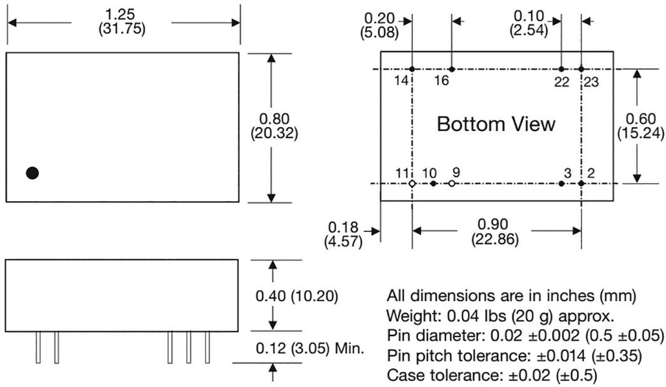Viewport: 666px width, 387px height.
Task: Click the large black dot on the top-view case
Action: coord(32,173)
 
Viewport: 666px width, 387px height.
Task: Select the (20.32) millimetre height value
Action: coord(274,134)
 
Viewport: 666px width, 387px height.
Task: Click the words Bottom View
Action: coord(496,124)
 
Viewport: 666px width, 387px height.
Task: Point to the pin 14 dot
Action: coord(412,69)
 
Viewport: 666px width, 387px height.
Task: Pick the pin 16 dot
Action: coord(452,69)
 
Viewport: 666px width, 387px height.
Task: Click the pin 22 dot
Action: coord(561,69)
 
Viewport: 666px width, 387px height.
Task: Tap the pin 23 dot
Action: coord(581,69)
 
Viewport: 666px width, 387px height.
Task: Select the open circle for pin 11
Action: coord(412,184)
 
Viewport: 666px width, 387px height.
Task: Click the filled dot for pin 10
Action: coord(433,184)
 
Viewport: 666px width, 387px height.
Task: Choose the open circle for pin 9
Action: coord(452,184)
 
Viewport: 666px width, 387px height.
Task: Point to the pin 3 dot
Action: coord(561,184)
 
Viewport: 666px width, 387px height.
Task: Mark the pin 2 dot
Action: coord(581,184)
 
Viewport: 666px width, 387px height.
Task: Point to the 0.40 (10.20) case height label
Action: coord(297,296)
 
